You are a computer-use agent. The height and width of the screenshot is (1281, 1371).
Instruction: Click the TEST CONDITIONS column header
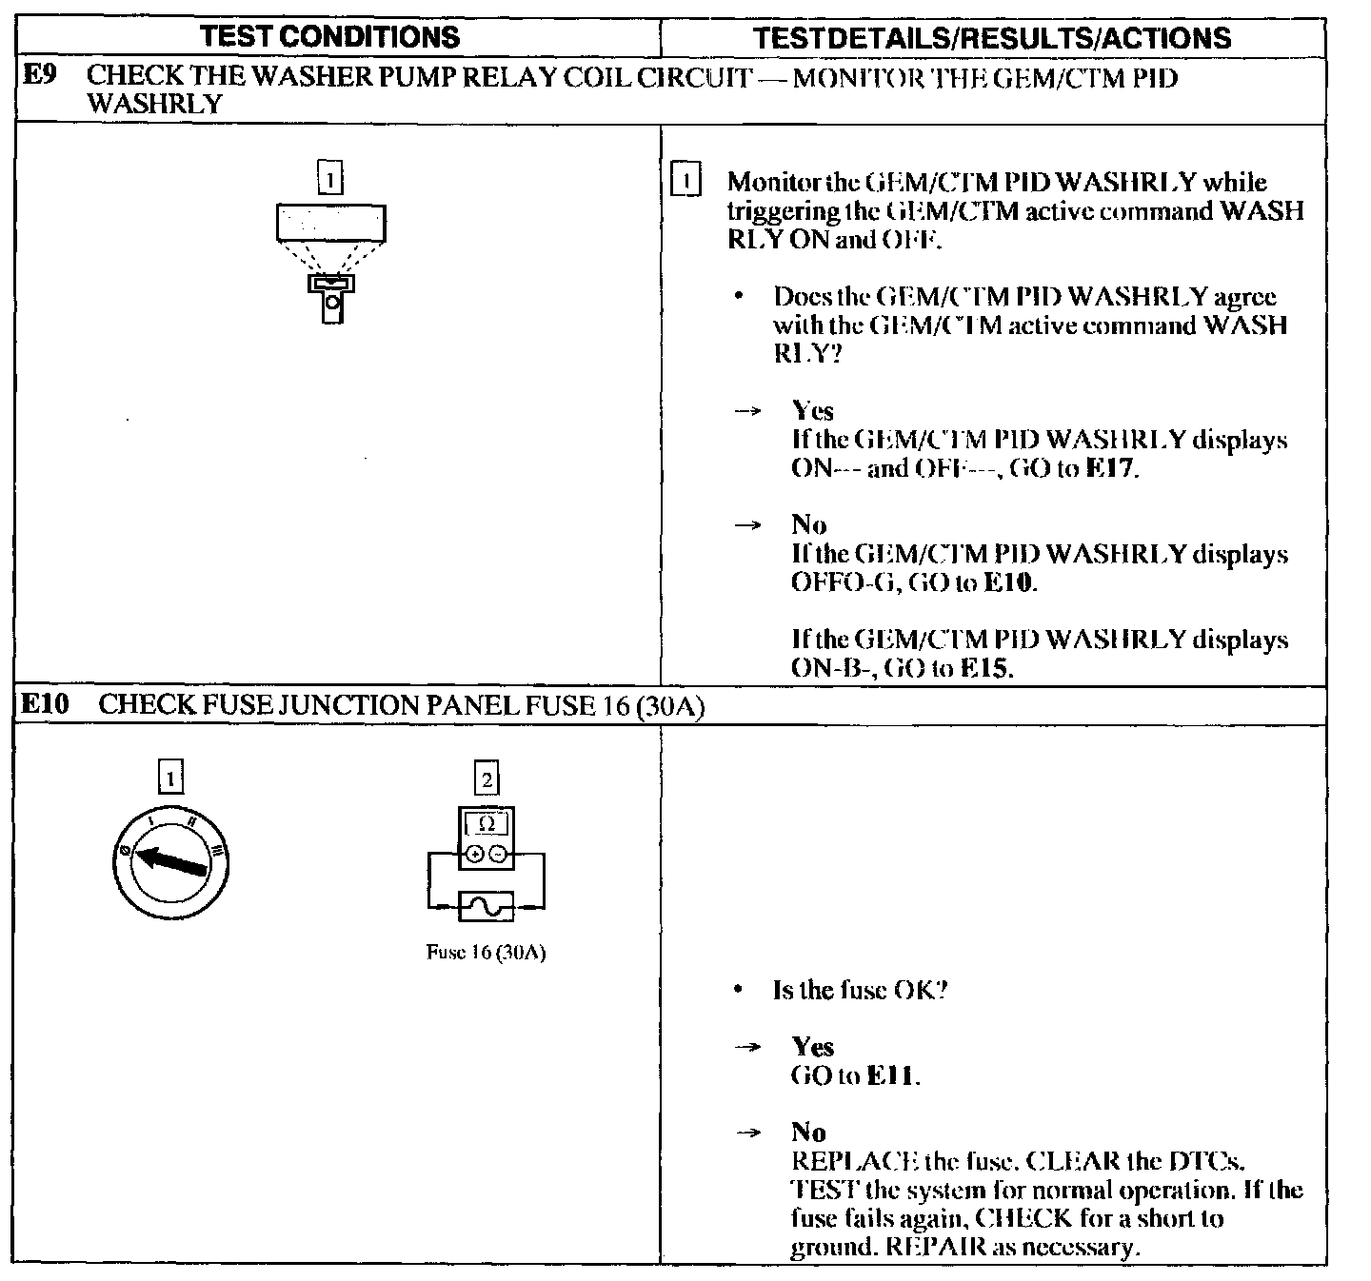click(330, 37)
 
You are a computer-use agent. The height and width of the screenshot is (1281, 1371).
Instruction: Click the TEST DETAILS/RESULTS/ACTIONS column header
click(991, 37)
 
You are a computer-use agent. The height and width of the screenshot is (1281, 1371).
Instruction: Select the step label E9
click(40, 77)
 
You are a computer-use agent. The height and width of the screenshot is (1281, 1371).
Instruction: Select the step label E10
click(46, 704)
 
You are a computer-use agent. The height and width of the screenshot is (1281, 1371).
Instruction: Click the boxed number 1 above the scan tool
click(329, 178)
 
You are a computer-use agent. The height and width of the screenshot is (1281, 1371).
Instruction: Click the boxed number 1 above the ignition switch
click(169, 778)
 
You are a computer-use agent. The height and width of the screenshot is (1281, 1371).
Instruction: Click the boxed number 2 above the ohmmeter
click(487, 778)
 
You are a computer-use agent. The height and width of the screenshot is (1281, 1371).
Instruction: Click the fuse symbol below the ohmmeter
click(486, 906)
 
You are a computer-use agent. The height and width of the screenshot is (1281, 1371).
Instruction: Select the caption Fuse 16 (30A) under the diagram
click(486, 953)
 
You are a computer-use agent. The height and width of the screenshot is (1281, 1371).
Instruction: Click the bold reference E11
click(892, 1075)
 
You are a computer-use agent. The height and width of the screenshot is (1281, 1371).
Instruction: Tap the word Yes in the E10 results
click(812, 1047)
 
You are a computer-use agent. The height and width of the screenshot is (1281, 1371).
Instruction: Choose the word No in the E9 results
click(808, 524)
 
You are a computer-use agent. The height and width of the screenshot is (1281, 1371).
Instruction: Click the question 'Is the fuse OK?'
click(860, 990)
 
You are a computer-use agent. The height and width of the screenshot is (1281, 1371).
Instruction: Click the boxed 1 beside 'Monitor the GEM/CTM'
click(685, 181)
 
